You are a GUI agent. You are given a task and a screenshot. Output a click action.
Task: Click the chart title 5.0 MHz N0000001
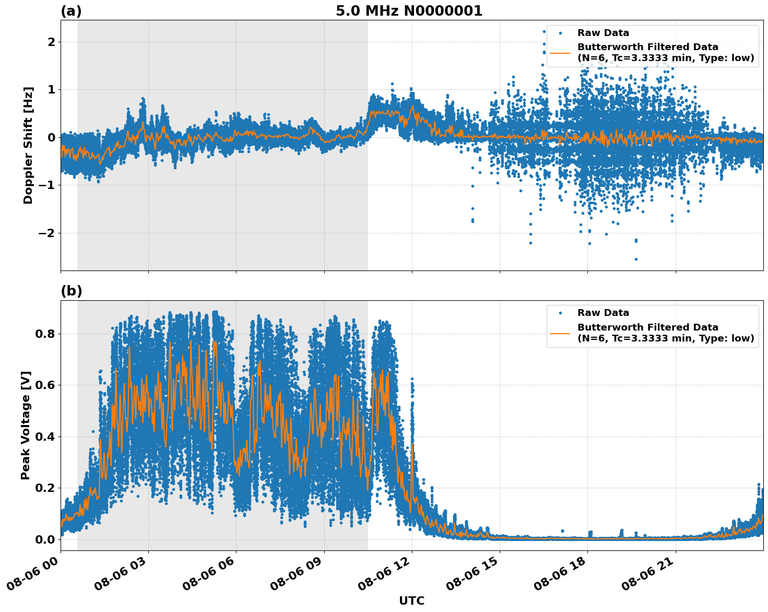click(409, 11)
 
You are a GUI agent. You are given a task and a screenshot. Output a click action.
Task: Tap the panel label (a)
click(71, 11)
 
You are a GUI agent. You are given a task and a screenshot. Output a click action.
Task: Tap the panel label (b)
click(71, 291)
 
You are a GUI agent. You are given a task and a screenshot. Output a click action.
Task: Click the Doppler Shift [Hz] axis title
click(28, 145)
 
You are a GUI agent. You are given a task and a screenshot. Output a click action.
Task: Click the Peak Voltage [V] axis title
click(26, 425)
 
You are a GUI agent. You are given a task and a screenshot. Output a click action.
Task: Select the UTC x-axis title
click(411, 601)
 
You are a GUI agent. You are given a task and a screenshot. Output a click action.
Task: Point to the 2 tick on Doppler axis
click(51, 42)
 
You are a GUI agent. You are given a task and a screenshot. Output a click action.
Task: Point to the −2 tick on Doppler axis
click(46, 233)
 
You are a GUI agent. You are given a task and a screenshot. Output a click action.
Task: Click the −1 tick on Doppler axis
click(46, 185)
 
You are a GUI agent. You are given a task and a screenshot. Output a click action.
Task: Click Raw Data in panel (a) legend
click(603, 33)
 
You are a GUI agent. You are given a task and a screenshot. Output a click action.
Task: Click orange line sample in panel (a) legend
click(560, 53)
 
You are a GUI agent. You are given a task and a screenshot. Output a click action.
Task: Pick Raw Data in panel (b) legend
click(603, 313)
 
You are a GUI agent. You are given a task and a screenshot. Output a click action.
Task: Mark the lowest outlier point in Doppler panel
click(636, 259)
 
